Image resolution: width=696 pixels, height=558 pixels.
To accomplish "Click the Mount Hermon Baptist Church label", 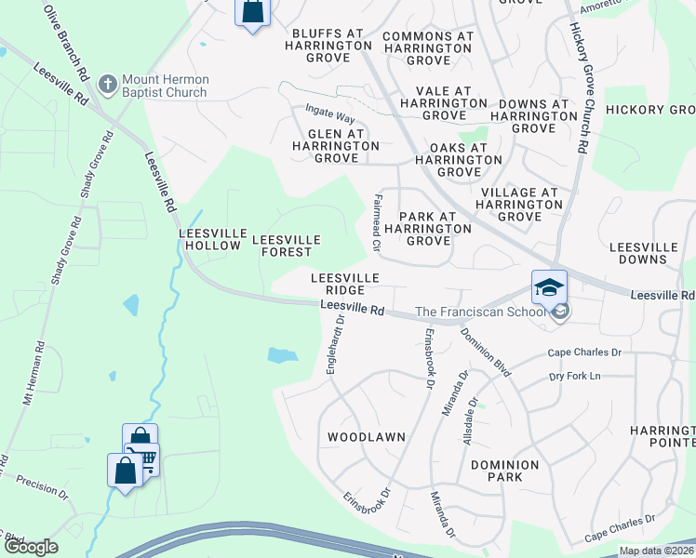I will pos(167,87).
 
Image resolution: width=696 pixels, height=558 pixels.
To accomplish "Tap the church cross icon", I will pos(108,86).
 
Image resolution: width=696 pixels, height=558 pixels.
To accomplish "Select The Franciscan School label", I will pos(480,312).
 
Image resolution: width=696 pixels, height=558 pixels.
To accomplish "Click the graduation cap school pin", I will pos(549,286).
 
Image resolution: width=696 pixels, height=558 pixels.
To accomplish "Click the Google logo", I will pos(30,547).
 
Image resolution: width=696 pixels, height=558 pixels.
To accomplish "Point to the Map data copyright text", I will pos(656,551).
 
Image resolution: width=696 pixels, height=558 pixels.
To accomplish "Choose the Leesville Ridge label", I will pos(344,284).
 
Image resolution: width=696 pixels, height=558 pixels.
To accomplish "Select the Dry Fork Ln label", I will pos(576,376).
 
